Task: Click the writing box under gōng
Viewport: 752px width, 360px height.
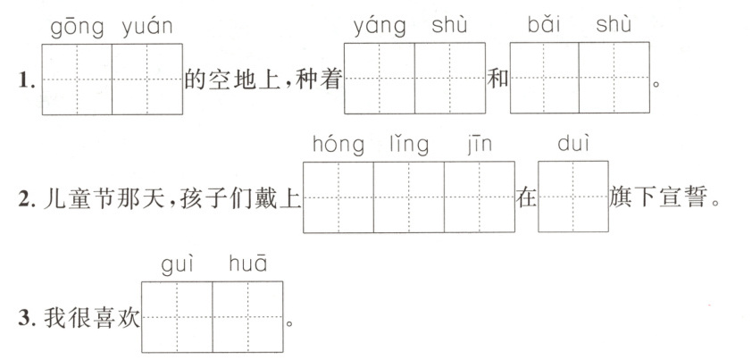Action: pyautogui.click(x=77, y=79)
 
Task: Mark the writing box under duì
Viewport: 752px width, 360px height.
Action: pyautogui.click(x=573, y=197)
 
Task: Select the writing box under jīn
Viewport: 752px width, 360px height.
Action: pyautogui.click(x=480, y=197)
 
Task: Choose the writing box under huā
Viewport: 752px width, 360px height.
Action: pyautogui.click(x=247, y=317)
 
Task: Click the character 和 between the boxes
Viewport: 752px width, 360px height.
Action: pyautogui.click(x=497, y=80)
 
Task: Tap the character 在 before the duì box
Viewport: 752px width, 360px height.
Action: pyautogui.click(x=526, y=198)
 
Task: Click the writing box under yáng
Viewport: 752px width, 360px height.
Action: pyautogui.click(x=380, y=79)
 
